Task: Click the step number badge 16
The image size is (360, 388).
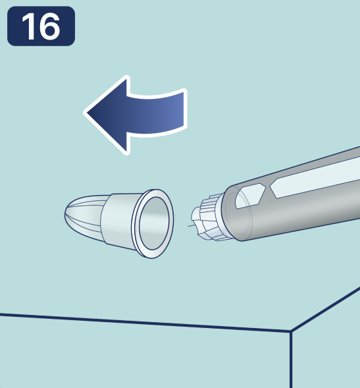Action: pos(41,26)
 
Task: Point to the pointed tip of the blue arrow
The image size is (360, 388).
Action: pos(86,113)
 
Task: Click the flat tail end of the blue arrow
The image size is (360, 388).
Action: pos(185,109)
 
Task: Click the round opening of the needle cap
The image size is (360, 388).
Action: pos(154,223)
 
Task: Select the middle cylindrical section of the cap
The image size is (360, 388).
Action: pos(118,220)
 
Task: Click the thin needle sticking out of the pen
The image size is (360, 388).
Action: pos(191,226)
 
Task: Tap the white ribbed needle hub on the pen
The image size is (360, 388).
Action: pos(208,218)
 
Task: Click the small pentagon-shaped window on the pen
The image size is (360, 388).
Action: pos(249,196)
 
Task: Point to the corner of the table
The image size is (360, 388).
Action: pos(291,331)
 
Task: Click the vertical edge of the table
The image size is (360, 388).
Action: pos(291,359)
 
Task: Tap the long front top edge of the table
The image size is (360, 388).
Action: pos(145,322)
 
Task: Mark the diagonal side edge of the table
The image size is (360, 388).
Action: pos(325,308)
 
